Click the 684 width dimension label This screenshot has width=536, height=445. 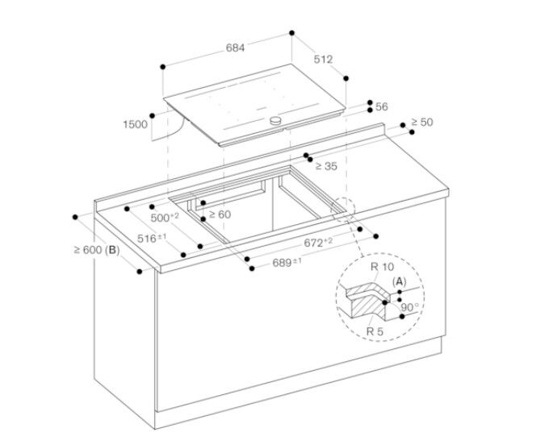[x=235, y=48]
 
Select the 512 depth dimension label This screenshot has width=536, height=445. [x=323, y=60]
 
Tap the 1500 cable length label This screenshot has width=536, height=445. [x=135, y=124]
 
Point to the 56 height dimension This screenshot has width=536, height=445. [x=382, y=106]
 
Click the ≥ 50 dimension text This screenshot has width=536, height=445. [x=421, y=122]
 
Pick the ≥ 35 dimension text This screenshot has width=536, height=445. [x=325, y=166]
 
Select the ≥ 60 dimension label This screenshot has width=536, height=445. [x=219, y=214]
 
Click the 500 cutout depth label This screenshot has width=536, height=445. [x=165, y=218]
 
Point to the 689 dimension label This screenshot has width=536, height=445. [x=287, y=262]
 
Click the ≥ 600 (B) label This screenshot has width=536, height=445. [x=96, y=250]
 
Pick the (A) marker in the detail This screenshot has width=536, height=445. [x=399, y=281]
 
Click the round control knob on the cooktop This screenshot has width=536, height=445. [x=277, y=120]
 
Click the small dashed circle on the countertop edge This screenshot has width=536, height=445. [x=342, y=208]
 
